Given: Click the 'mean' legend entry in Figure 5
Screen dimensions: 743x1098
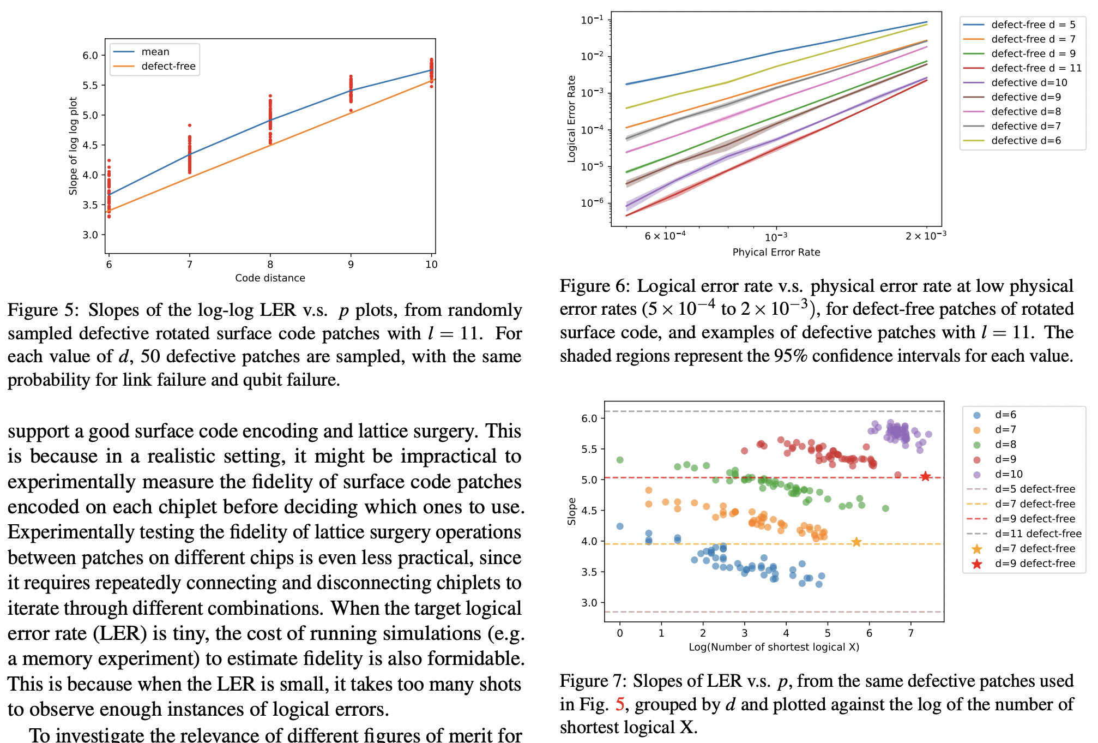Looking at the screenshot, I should pos(155,52).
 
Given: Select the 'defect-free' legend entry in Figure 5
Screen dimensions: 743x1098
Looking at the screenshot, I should pos(168,67).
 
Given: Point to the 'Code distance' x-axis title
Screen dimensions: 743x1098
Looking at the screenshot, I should pos(270,278).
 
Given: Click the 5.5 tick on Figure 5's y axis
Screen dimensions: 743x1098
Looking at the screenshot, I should pos(90,85).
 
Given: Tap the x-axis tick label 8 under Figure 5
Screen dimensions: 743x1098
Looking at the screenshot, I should pos(270,265).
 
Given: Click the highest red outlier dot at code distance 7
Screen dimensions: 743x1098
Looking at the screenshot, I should pos(190,125).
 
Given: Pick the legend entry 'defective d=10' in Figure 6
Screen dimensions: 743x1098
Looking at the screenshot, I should pos(1029,82).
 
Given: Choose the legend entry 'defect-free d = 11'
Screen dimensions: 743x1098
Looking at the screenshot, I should pos(1036,68).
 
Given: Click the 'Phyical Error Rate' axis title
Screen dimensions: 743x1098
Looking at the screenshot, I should pos(776,252).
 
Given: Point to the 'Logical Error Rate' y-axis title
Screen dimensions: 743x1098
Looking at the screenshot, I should pos(571,118).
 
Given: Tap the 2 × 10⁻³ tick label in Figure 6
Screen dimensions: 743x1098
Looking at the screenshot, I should pos(925,236).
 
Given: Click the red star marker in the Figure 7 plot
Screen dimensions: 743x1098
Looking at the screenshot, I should pos(925,477).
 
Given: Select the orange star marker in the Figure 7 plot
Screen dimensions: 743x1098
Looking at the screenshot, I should pos(856,542).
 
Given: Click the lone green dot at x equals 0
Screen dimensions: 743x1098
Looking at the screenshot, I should pos(620,460).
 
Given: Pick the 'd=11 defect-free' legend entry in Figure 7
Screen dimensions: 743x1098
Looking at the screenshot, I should pos(1037,534).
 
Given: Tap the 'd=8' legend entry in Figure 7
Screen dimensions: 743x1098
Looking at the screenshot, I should pos(1005,445).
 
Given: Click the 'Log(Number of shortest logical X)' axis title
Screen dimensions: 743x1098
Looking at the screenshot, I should pos(774,647).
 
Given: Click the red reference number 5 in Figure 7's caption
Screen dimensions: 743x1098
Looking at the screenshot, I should pos(619,704).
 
